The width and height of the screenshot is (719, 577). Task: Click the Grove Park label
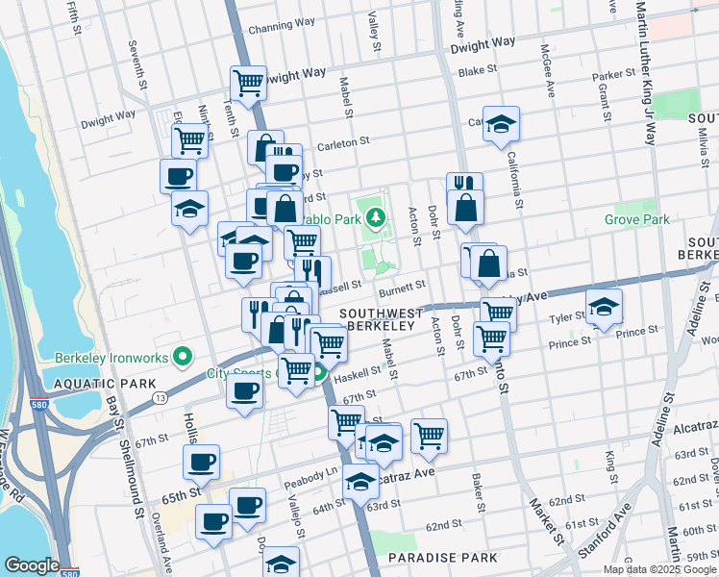636,219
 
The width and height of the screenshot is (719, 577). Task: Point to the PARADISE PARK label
443,557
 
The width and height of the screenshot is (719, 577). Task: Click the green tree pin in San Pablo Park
379,217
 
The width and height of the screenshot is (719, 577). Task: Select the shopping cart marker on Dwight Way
248,83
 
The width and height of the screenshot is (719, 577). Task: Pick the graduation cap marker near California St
501,124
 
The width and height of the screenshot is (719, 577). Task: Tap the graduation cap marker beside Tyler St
605,307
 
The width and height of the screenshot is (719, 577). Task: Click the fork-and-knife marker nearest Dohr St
464,184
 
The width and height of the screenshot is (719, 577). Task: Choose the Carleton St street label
344,141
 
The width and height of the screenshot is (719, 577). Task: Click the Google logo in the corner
32,565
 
